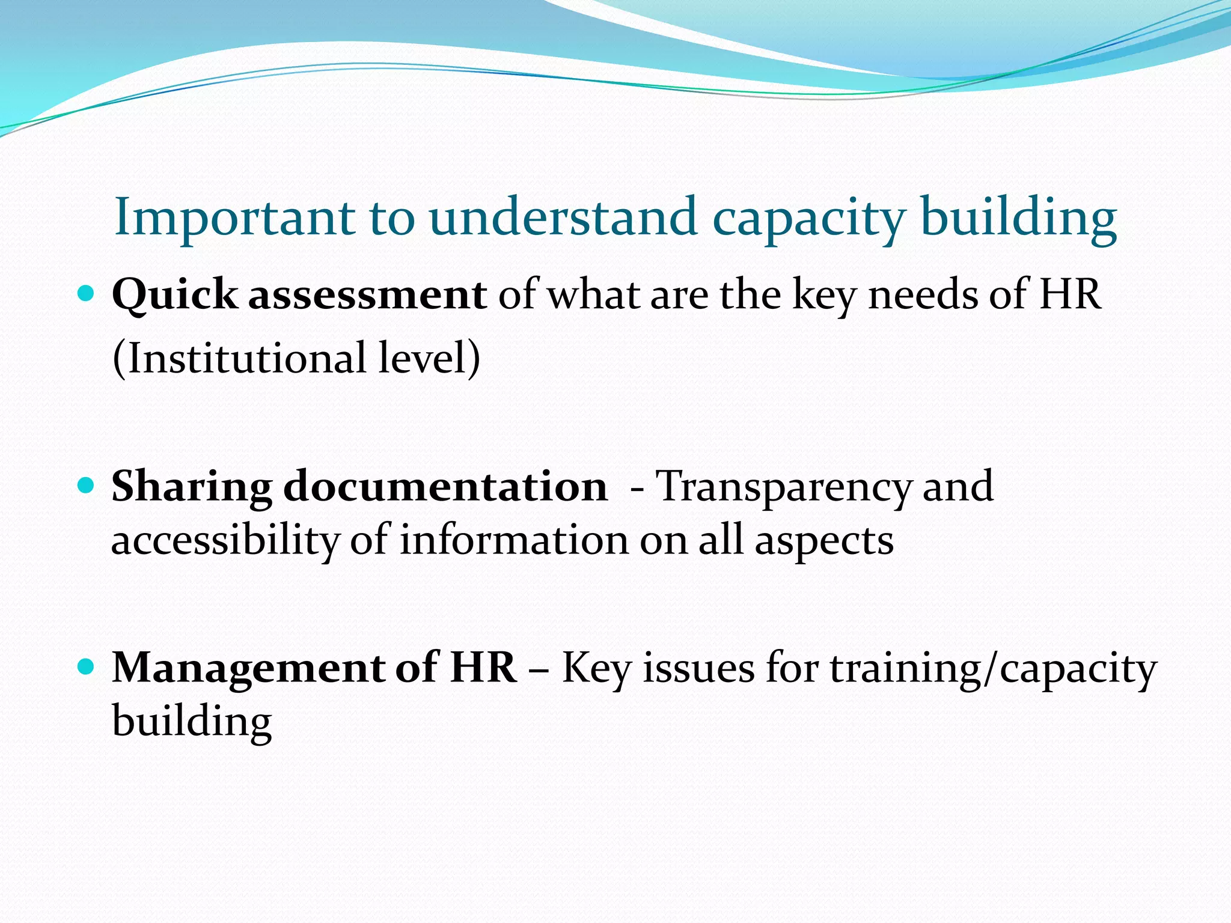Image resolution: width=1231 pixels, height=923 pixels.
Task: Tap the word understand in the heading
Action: (563, 218)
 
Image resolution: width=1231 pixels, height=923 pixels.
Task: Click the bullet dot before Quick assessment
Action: (87, 294)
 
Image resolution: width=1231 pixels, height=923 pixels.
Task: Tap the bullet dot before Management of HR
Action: (87, 667)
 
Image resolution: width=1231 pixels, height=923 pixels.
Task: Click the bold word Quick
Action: (175, 296)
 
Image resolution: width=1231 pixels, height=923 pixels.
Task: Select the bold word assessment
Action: (368, 296)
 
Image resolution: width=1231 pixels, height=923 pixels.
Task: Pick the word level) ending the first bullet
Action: (430, 358)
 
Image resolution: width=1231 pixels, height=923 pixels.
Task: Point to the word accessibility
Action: (225, 540)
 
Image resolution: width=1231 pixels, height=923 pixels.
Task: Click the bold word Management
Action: (248, 668)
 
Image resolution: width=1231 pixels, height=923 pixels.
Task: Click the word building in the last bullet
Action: (192, 722)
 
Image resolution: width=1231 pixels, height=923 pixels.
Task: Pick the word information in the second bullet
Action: (514, 540)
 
